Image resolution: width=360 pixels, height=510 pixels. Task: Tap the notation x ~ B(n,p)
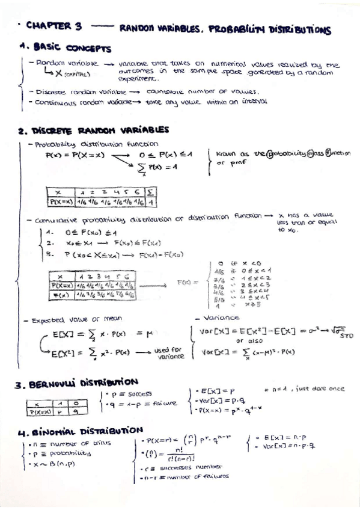coord(52,463)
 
